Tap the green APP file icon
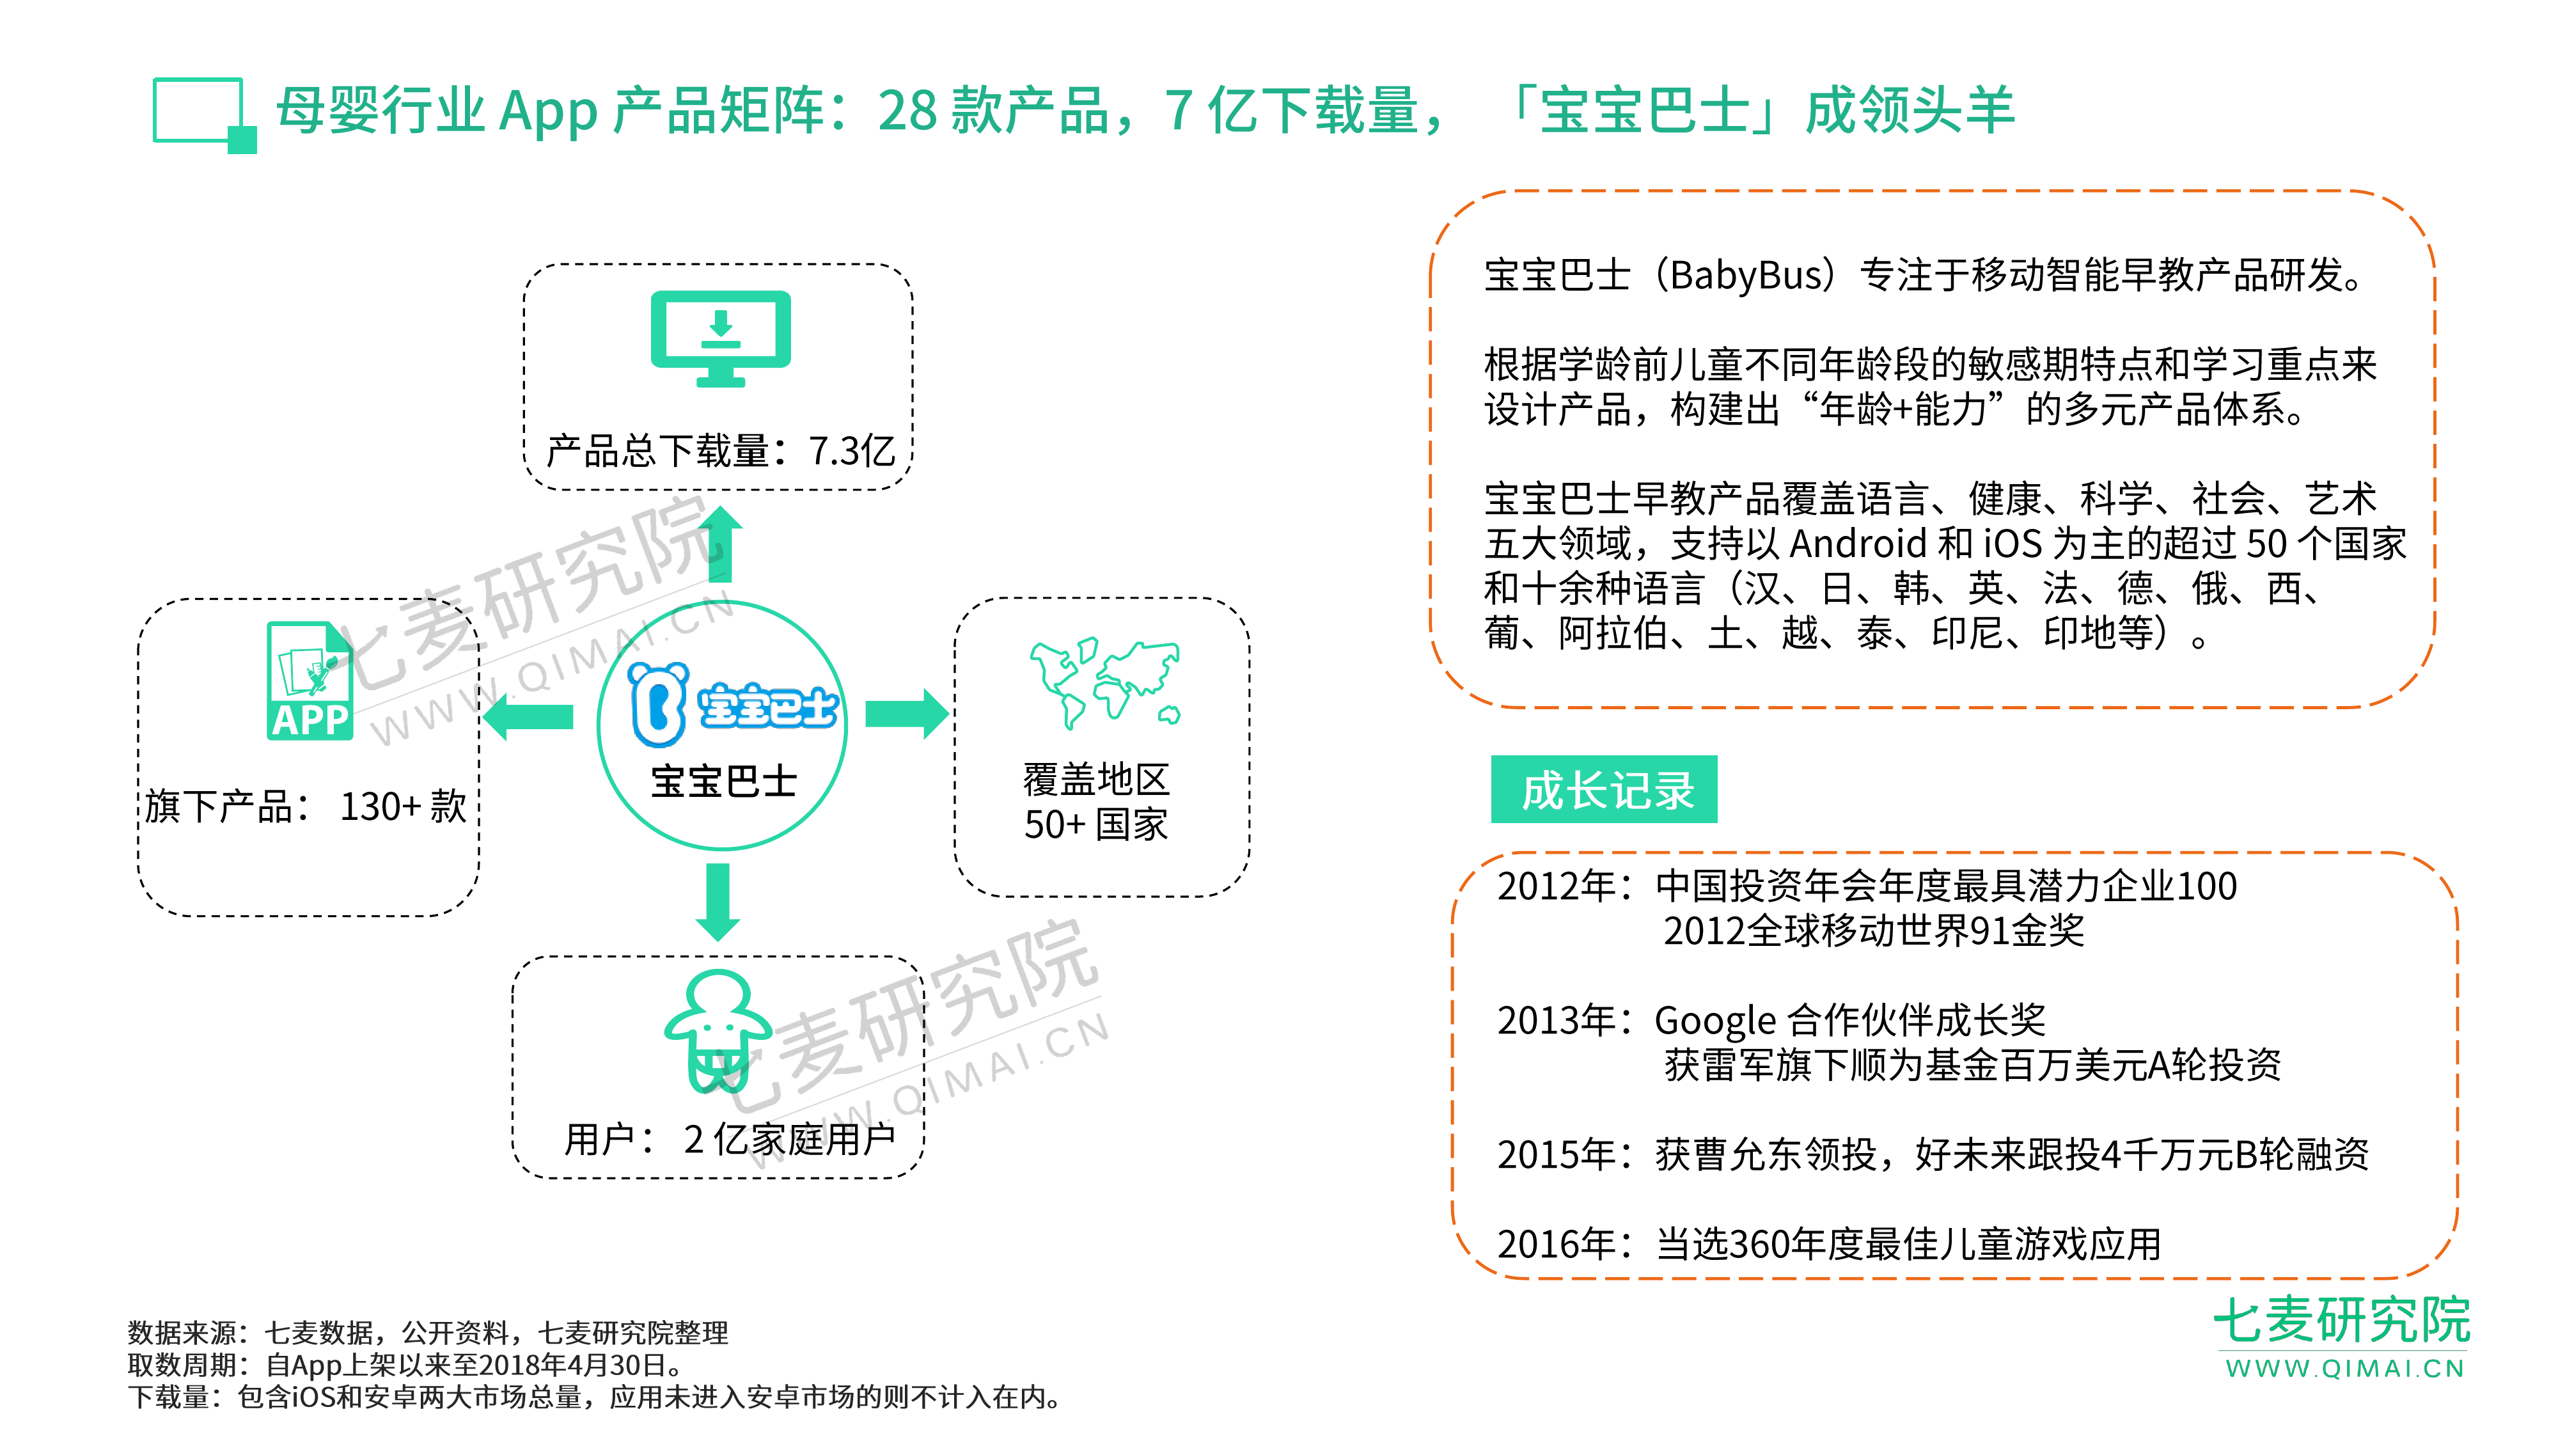[x=310, y=681]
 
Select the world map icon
[x=1105, y=683]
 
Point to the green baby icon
[x=718, y=1030]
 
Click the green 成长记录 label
[x=1604, y=790]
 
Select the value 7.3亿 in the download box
[x=852, y=451]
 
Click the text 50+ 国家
[x=1095, y=824]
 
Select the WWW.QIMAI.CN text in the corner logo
[x=2344, y=1369]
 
